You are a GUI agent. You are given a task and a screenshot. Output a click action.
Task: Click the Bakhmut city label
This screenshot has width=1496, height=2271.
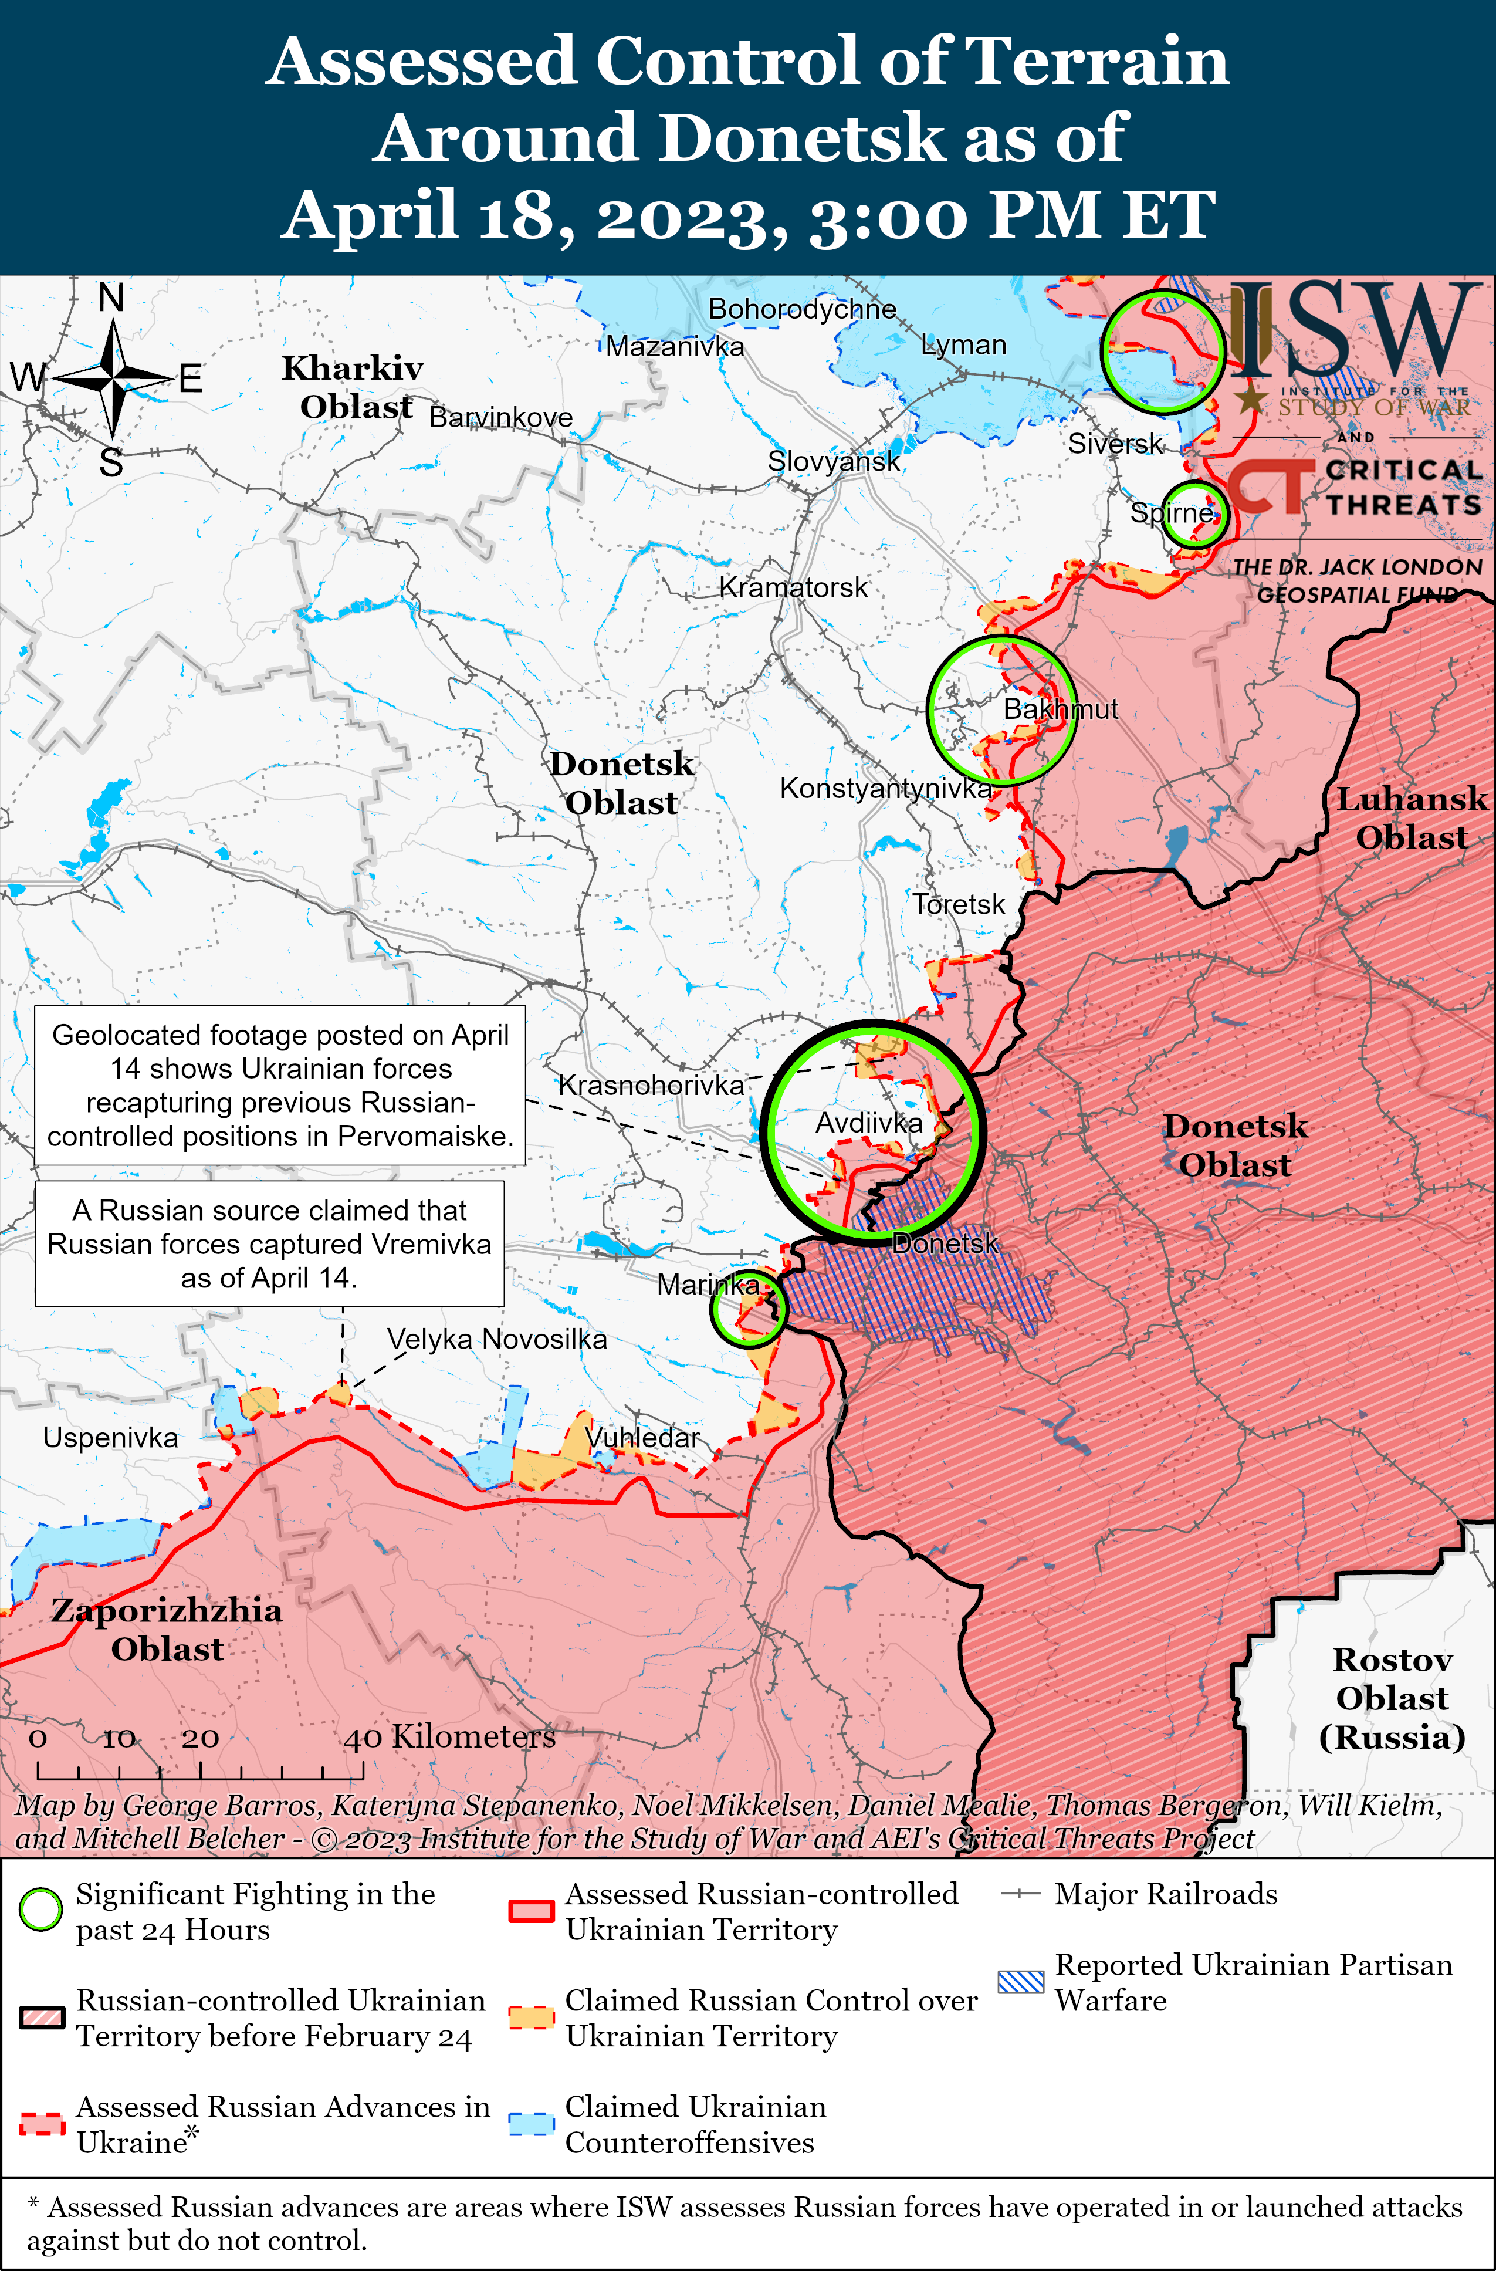(x=1060, y=709)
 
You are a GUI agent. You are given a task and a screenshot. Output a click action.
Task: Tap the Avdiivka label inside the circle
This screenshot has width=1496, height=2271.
(x=868, y=1123)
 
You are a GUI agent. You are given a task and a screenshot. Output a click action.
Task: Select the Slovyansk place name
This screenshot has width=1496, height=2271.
(x=834, y=462)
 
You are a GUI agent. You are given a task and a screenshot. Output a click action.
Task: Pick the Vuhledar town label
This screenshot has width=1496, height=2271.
(x=642, y=1437)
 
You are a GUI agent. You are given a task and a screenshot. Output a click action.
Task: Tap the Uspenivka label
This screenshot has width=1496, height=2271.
(x=111, y=1438)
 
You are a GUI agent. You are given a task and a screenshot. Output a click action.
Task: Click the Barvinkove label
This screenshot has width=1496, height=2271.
(x=501, y=418)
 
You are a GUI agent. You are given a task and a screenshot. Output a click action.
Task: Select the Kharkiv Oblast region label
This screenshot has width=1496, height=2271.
(x=353, y=387)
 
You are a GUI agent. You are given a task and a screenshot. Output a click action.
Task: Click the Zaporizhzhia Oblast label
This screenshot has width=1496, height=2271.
(x=167, y=1629)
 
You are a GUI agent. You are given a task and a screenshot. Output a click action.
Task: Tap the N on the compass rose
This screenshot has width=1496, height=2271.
(x=111, y=299)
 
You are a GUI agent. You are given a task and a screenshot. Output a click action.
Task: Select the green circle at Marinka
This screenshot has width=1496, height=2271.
(x=748, y=1308)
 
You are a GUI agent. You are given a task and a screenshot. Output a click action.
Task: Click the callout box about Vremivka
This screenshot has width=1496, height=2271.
(x=269, y=1243)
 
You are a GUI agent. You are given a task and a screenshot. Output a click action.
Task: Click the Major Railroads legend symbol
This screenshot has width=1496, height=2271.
(x=1020, y=1894)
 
